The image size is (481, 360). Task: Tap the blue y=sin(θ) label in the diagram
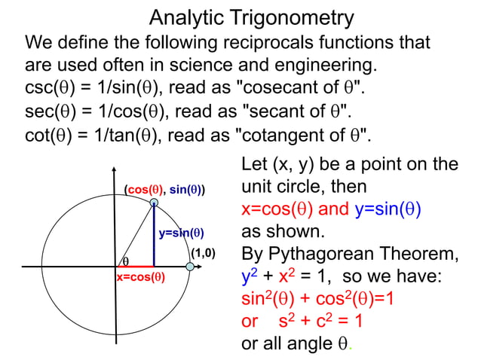181,233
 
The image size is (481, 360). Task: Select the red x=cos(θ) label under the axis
140,277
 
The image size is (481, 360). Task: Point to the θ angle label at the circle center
125,261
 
